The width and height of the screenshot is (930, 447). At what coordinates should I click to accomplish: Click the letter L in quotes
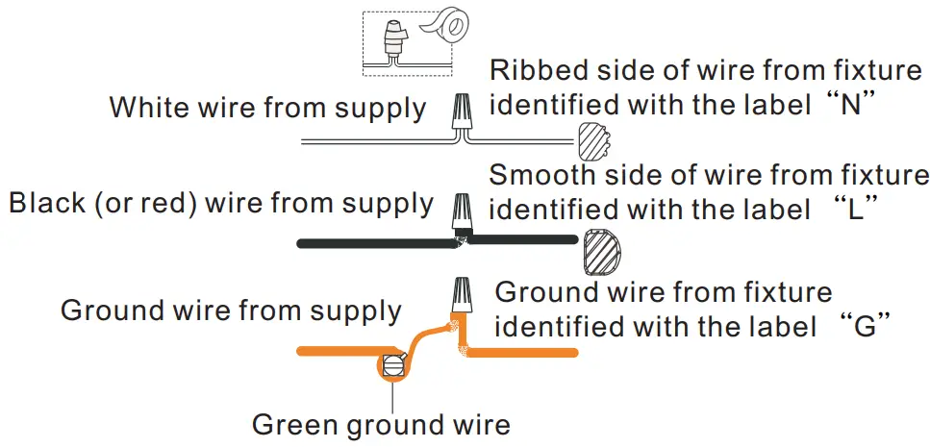(853, 210)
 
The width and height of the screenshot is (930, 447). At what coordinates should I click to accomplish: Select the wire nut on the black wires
(463, 213)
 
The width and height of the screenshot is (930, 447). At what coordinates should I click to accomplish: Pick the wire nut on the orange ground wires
(461, 296)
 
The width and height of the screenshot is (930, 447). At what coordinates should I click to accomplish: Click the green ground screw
(393, 366)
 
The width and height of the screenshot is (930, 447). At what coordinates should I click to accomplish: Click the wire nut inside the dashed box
(393, 39)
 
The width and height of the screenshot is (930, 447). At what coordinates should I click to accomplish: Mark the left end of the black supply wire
(302, 244)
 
